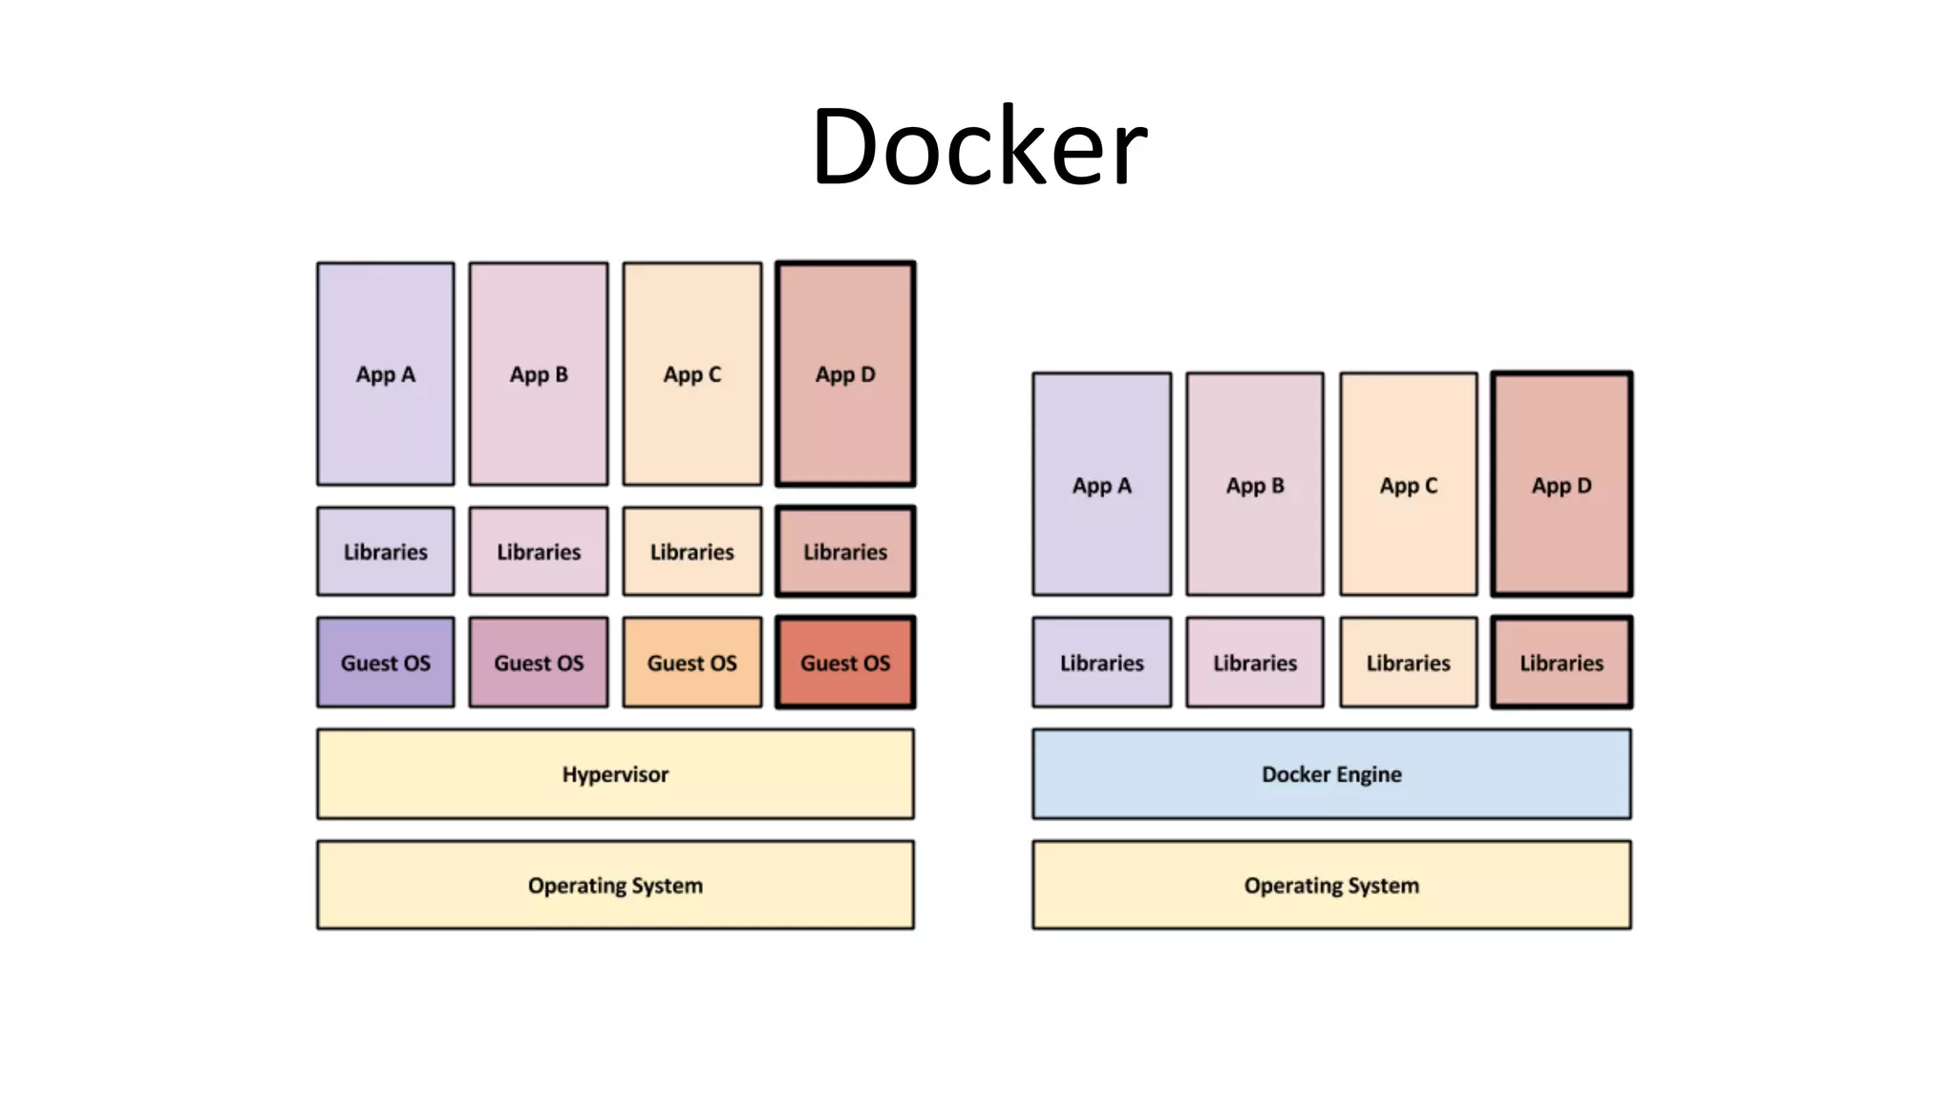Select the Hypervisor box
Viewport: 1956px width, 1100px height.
pos(615,774)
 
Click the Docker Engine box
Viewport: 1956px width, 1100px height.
pos(1331,774)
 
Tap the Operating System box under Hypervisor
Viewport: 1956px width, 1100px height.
pos(615,885)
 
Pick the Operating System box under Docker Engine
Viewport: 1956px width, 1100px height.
pos(1331,885)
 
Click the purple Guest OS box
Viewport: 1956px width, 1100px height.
pos(386,663)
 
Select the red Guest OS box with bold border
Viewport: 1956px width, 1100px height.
pos(845,663)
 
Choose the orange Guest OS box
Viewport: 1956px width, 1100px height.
pos(692,663)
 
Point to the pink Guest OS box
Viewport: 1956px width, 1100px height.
pos(539,663)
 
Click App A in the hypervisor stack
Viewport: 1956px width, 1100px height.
pos(386,374)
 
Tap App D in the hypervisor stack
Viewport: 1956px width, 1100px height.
pos(845,374)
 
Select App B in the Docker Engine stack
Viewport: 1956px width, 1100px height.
pos(1255,485)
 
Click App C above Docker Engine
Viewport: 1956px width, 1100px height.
pos(1409,485)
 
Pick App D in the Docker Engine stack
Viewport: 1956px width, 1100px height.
pos(1562,485)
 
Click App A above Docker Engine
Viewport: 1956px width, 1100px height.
pos(1102,485)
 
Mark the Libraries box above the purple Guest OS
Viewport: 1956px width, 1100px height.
pos(386,552)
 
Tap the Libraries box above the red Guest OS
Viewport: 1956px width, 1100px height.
pos(845,552)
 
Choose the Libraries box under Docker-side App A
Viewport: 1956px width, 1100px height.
pos(1102,663)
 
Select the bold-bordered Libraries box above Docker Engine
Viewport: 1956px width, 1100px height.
pos(1562,663)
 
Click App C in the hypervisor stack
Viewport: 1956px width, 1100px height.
pos(692,374)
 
